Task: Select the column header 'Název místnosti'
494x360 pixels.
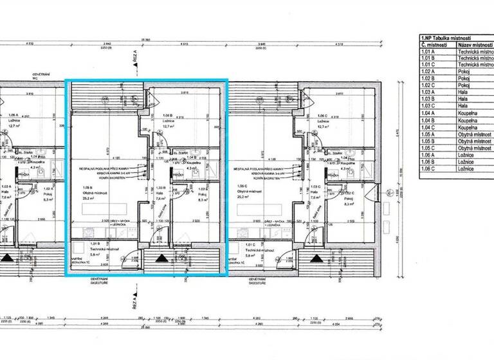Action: click(475, 46)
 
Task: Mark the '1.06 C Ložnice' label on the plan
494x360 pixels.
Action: click(322, 121)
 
